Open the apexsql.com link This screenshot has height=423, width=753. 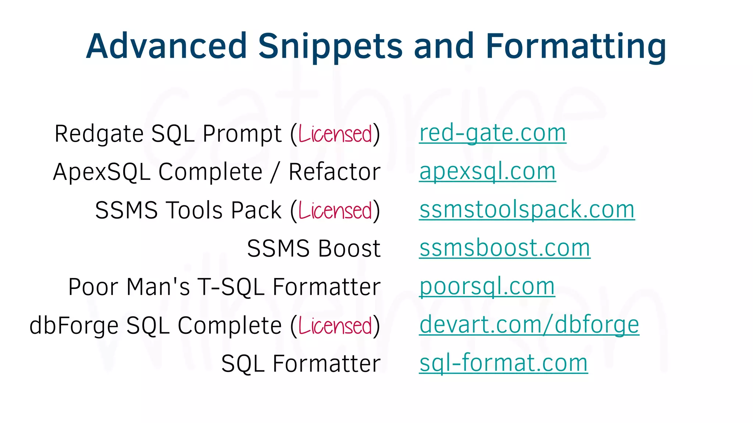pos(487,171)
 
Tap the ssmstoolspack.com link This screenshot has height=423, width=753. pos(527,210)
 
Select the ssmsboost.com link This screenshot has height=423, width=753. pos(504,248)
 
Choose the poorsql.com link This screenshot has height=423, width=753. pos(487,287)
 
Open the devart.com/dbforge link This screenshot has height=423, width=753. pos(529,325)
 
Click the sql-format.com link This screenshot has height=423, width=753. pos(503,364)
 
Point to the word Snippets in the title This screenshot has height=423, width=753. pos(331,47)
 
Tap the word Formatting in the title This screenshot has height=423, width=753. pos(576,47)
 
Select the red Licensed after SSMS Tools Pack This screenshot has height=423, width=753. pos(335,210)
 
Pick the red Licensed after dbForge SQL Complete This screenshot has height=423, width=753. pos(335,326)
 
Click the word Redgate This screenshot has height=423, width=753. pos(99,134)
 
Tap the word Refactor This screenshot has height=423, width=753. pos(334,172)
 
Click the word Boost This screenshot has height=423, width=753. pos(349,249)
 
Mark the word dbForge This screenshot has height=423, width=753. pos(74,326)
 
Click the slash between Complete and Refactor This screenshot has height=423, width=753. pos(274,173)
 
